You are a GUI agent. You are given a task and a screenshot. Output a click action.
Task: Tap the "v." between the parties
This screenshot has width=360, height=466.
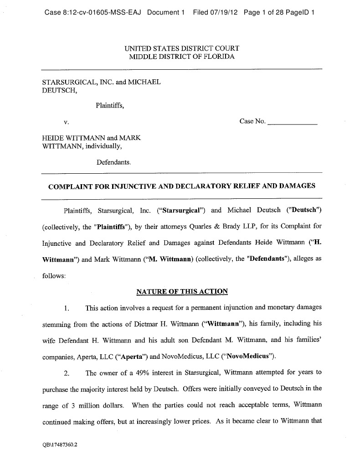(67, 122)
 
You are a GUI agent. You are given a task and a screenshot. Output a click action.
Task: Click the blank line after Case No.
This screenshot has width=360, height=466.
(292, 122)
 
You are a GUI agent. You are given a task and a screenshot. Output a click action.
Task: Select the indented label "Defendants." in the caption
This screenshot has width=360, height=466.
(113, 162)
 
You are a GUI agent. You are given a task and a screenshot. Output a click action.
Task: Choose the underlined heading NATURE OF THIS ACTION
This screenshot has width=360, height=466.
(182, 291)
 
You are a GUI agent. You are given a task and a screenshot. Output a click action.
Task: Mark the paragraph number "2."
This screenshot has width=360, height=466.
(66, 373)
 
